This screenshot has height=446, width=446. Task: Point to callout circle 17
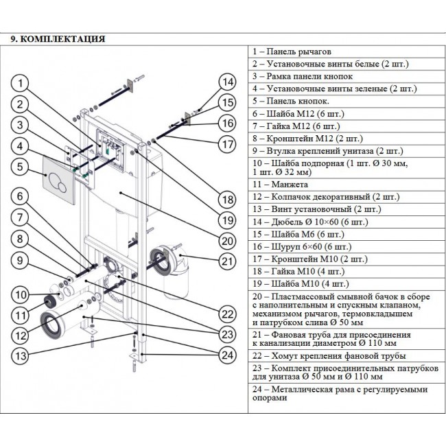pos(228,144)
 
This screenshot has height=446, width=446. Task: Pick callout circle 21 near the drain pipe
pos(228,260)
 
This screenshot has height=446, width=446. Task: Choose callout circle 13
pos(22,355)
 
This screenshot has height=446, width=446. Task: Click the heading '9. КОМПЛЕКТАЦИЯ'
pos(58,39)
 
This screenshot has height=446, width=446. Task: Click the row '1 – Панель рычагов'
pos(291,51)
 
